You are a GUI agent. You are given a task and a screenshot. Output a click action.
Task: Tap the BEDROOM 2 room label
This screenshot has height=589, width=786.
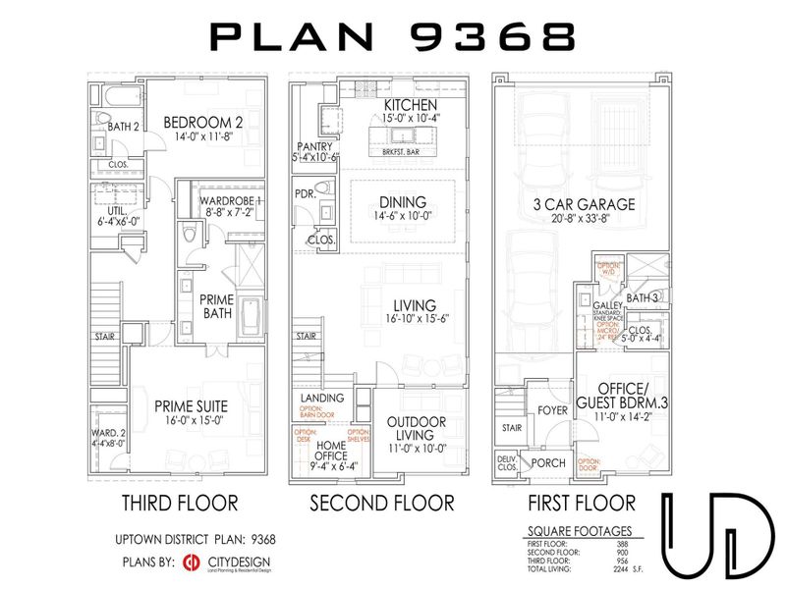pyautogui.click(x=203, y=123)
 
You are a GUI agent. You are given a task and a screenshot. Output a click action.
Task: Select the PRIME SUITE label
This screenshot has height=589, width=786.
pyautogui.click(x=192, y=404)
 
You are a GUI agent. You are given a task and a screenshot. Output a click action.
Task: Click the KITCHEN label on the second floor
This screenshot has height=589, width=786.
pyautogui.click(x=411, y=105)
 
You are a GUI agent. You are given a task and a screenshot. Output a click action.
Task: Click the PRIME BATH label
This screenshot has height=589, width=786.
pyautogui.click(x=216, y=305)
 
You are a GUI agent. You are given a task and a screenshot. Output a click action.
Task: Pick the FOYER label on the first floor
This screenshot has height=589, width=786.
pyautogui.click(x=552, y=410)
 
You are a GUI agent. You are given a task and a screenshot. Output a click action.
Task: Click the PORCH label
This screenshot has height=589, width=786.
pyautogui.click(x=547, y=462)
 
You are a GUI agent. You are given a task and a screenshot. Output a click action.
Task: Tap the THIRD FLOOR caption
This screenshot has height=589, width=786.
pyautogui.click(x=179, y=504)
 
